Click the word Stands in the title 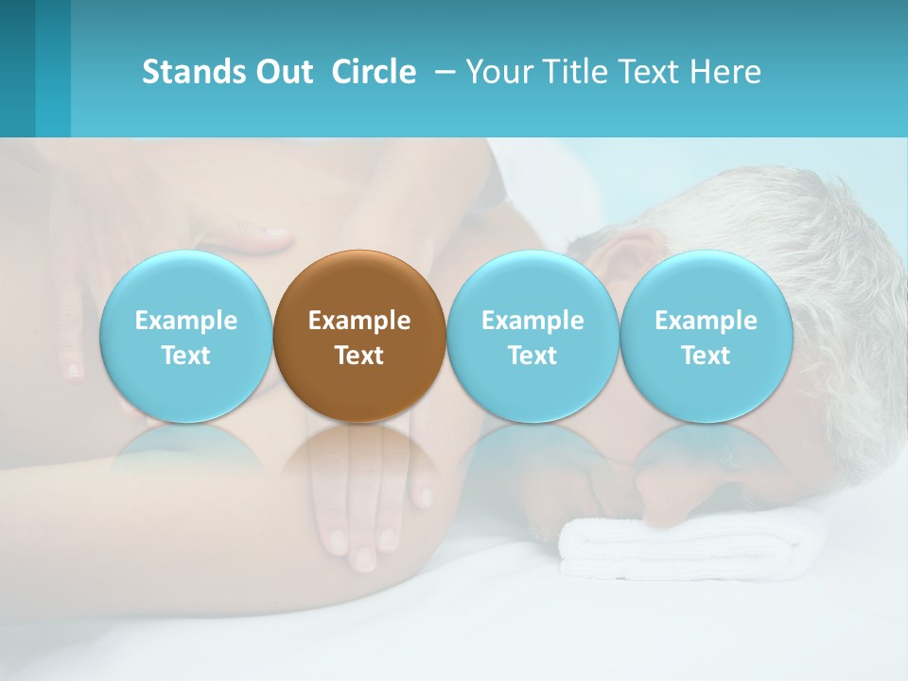click(187, 72)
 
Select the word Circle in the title click(374, 72)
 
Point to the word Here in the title click(726, 72)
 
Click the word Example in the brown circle click(358, 321)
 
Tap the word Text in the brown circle click(358, 356)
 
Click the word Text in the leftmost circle click(185, 356)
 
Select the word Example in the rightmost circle click(706, 321)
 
